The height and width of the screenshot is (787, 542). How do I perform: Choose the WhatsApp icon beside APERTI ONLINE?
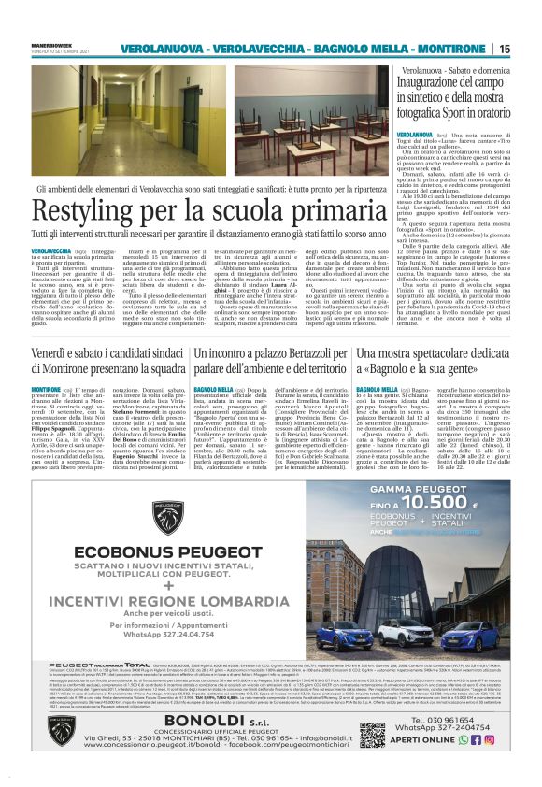(476, 738)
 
